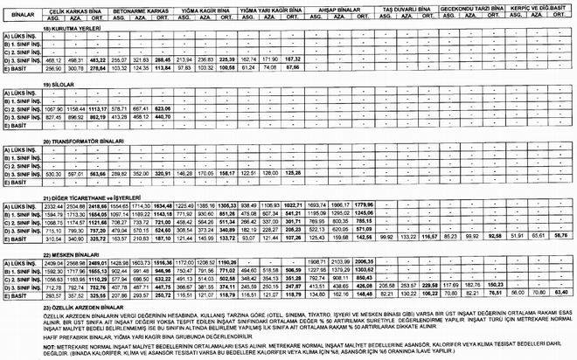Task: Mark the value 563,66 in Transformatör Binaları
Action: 99,174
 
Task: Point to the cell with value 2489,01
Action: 98,262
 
